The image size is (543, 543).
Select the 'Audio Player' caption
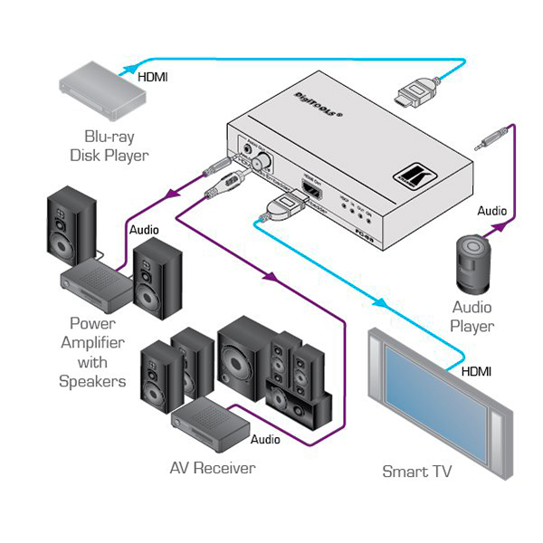click(472, 317)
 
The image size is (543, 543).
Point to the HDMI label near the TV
click(479, 371)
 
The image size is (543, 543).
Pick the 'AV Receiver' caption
click(213, 468)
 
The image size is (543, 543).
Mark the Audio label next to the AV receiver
click(265, 440)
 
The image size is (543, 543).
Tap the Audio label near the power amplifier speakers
click(145, 230)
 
